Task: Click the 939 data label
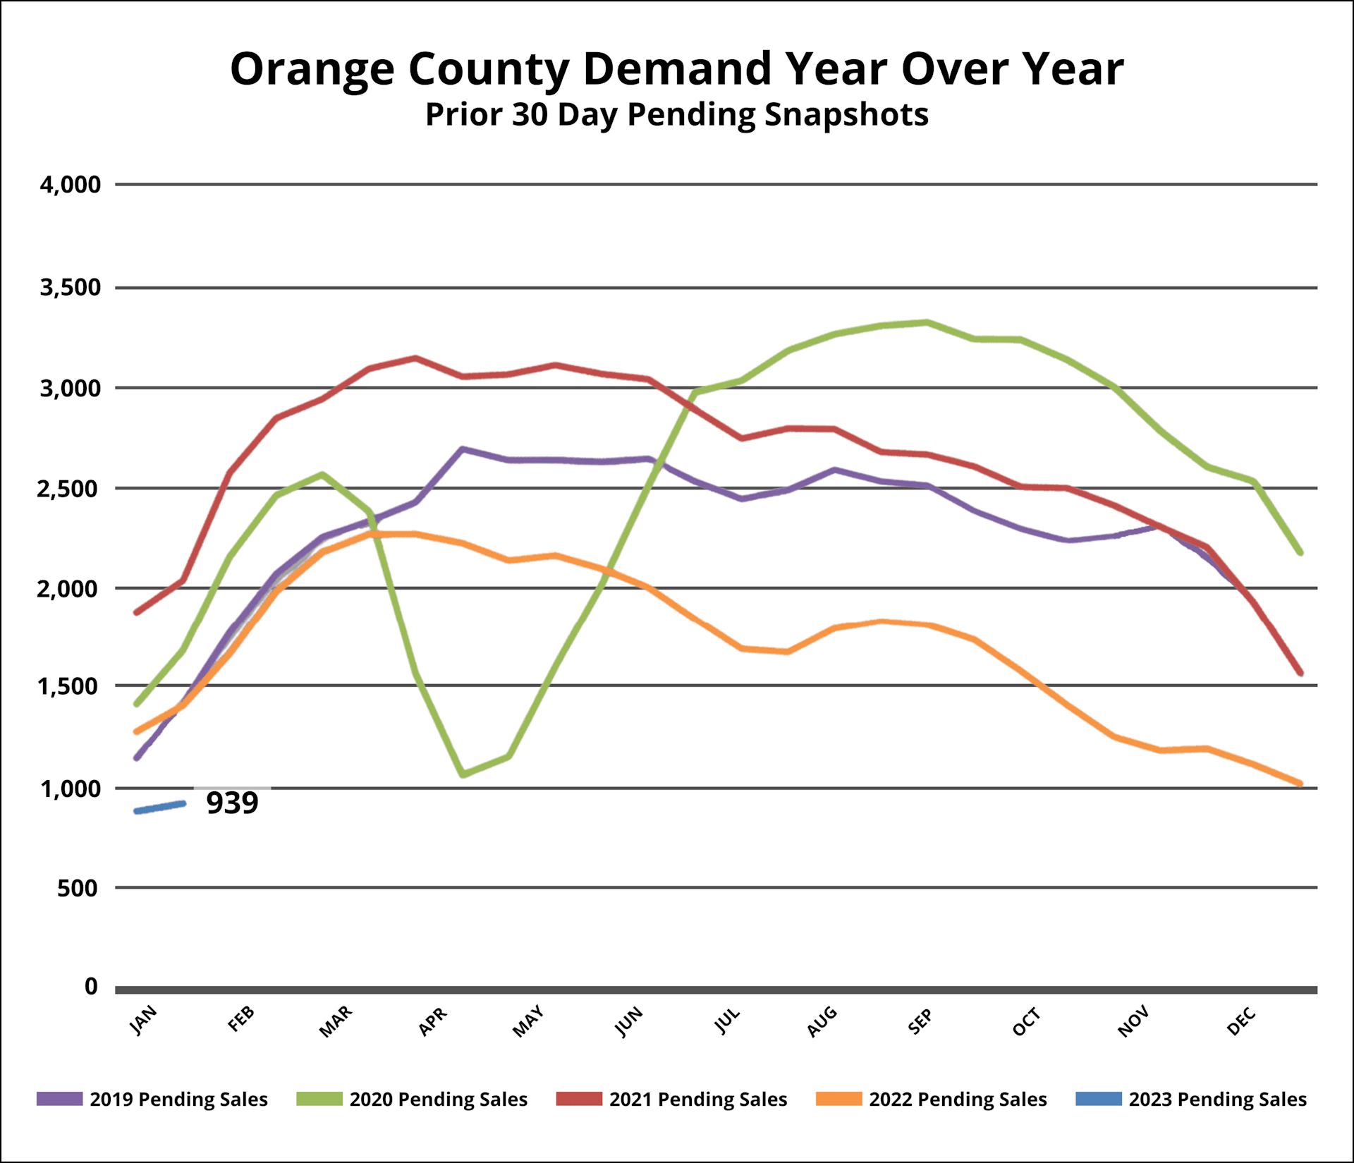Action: tap(232, 803)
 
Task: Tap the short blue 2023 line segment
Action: tap(159, 808)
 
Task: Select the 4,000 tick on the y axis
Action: tap(71, 185)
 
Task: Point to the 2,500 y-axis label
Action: tap(69, 489)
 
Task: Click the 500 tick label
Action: tap(78, 888)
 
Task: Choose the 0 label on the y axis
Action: tap(91, 987)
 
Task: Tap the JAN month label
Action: tap(144, 1021)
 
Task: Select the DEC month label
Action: tap(1241, 1021)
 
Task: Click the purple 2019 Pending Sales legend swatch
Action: tap(60, 1099)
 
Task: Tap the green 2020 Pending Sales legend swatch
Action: tap(319, 1099)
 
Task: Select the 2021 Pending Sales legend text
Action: tap(698, 1099)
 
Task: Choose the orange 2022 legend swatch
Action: tap(838, 1099)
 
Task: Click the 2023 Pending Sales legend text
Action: tap(1217, 1099)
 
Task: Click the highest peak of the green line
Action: tap(927, 322)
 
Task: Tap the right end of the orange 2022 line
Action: tap(1300, 783)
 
